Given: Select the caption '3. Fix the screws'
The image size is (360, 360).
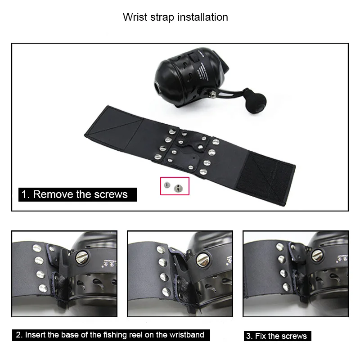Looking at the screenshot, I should [277, 336].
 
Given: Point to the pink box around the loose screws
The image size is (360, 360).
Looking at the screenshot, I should [175, 185].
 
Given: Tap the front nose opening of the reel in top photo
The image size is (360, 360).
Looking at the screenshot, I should [156, 85].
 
